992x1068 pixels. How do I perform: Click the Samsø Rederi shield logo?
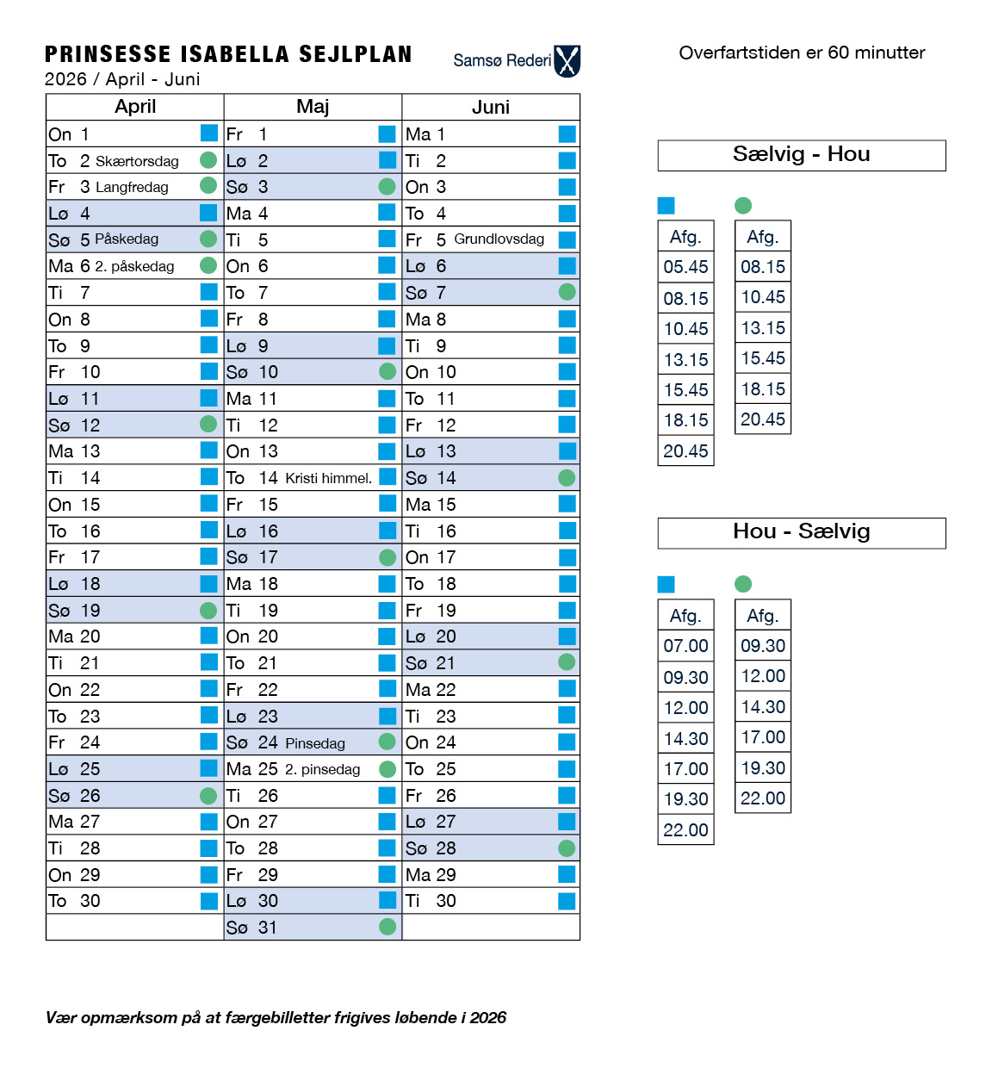[567, 61]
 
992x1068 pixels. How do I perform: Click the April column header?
[135, 107]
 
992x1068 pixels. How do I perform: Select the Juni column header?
[491, 107]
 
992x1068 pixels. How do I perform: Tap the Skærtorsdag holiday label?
[137, 161]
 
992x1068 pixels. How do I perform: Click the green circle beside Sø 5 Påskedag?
[208, 239]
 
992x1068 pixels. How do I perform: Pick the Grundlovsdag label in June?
[499, 239]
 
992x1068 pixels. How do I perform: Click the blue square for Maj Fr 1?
[387, 133]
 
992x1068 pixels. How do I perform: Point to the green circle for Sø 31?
[387, 927]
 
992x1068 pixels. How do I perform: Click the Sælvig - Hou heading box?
[802, 155]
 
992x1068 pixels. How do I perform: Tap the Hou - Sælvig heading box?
[802, 532]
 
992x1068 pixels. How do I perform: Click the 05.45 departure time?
[685, 267]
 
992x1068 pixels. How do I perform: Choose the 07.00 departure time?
[685, 646]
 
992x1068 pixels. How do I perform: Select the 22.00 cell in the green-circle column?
[763, 798]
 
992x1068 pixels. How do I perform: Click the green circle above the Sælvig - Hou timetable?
[743, 205]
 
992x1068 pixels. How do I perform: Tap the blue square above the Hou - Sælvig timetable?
[666, 584]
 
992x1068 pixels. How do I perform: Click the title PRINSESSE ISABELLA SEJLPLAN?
[228, 54]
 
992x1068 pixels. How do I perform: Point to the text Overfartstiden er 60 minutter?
[802, 53]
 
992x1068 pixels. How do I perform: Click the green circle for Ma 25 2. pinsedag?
[387, 769]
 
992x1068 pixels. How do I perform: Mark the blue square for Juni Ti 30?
[567, 901]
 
